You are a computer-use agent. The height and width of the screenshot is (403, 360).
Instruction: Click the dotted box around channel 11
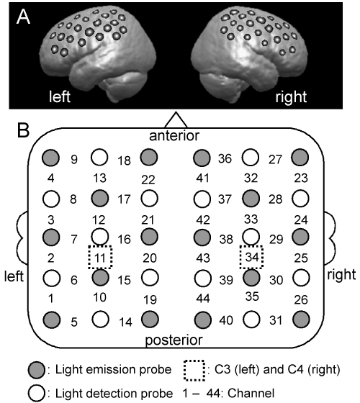pyautogui.click(x=89, y=257)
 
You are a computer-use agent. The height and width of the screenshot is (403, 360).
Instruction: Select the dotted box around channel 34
pyautogui.click(x=240, y=257)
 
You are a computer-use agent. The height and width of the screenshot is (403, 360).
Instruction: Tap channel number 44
pyautogui.click(x=203, y=298)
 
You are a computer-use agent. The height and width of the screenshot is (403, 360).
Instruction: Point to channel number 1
pyautogui.click(x=51, y=299)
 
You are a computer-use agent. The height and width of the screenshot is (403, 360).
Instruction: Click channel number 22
pyautogui.click(x=148, y=180)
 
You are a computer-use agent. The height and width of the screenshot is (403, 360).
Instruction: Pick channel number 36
pyautogui.click(x=225, y=158)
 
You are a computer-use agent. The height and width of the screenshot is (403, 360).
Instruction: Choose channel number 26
pyautogui.click(x=301, y=299)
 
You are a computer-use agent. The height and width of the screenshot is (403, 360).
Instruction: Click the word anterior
pyautogui.click(x=174, y=136)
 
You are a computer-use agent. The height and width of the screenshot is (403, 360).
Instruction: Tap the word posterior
pyautogui.click(x=174, y=340)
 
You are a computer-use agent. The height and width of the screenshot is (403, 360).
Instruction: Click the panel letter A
pyautogui.click(x=23, y=17)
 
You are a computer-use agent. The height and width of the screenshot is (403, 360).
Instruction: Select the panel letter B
pyautogui.click(x=23, y=130)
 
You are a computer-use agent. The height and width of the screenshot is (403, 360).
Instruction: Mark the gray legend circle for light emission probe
pyautogui.click(x=37, y=370)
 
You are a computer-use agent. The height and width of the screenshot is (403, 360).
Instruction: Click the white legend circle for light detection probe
pyautogui.click(x=37, y=393)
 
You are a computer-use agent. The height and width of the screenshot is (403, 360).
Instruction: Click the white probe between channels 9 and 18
pyautogui.click(x=99, y=157)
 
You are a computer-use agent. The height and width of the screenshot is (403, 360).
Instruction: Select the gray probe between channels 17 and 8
pyautogui.click(x=100, y=199)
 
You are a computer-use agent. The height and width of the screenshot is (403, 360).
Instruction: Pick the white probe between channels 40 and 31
pyautogui.click(x=251, y=320)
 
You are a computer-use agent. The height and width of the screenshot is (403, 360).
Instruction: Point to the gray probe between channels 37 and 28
pyautogui.click(x=251, y=199)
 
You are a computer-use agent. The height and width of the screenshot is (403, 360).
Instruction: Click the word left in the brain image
pyautogui.click(x=60, y=96)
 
